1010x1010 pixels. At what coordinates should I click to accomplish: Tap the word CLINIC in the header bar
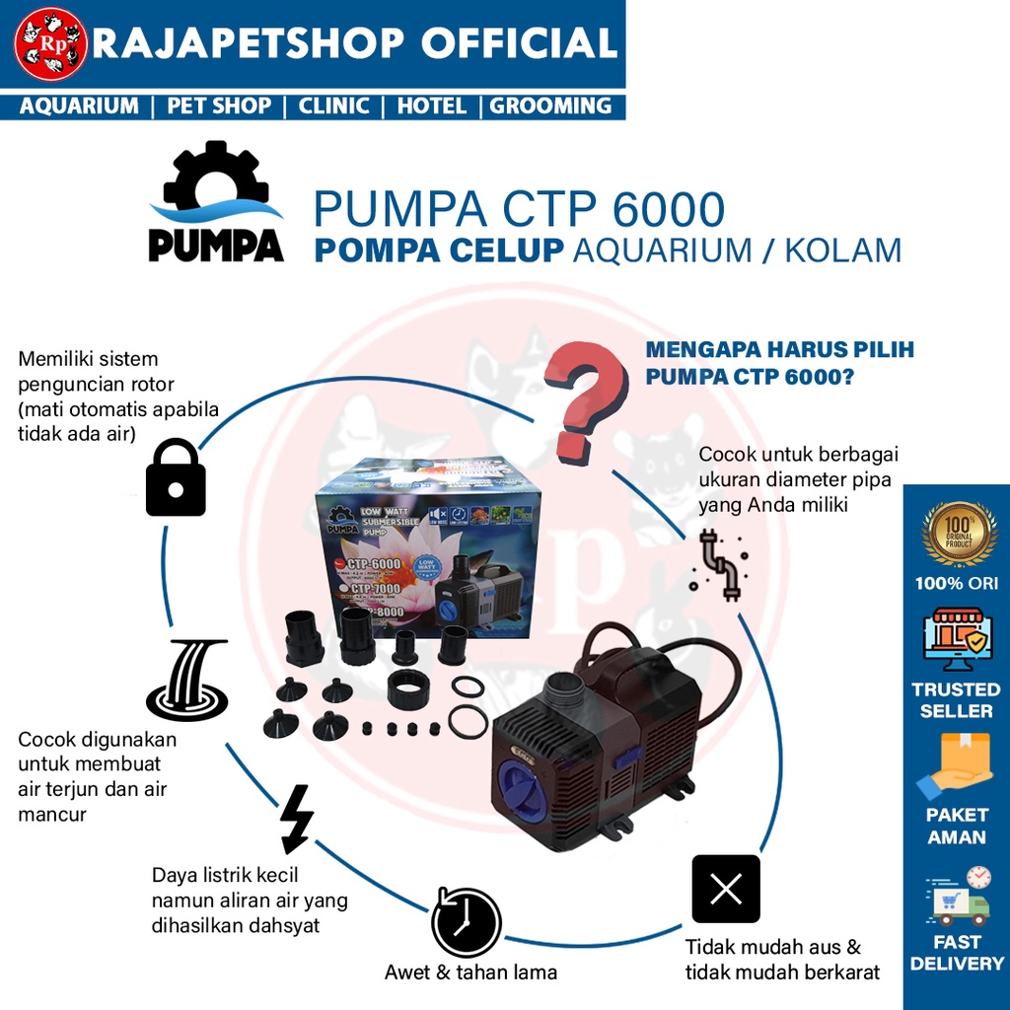click(x=333, y=106)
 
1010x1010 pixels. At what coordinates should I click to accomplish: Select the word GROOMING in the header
click(x=550, y=106)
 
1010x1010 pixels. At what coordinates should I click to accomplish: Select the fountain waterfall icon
click(x=187, y=680)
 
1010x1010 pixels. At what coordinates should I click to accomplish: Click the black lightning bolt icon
click(x=296, y=819)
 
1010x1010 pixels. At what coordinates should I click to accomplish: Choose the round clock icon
click(x=467, y=922)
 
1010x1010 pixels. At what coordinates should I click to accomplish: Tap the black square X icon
click(x=726, y=889)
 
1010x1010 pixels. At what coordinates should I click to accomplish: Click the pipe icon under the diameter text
click(x=719, y=565)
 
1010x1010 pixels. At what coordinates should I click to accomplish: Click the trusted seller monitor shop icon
click(x=956, y=639)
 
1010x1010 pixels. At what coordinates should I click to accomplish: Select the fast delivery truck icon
click(x=958, y=897)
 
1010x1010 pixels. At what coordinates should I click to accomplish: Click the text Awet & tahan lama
click(x=470, y=973)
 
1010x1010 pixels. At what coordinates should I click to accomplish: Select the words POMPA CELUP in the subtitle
click(x=439, y=251)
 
